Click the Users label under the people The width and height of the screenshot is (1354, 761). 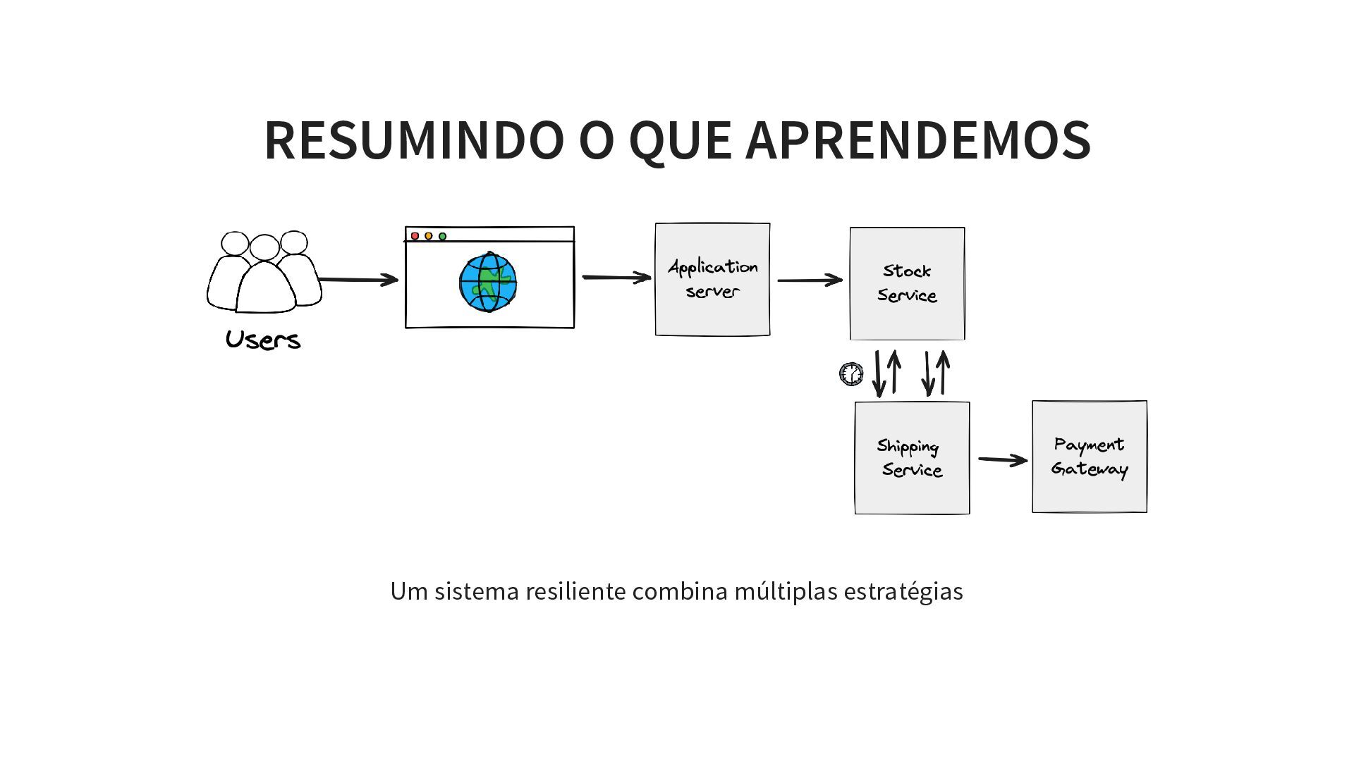[263, 340]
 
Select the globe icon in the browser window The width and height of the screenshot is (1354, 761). [488, 282]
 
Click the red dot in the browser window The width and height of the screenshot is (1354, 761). [415, 236]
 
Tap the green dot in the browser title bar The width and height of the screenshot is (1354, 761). [442, 236]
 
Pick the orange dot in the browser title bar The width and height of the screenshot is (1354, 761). [428, 236]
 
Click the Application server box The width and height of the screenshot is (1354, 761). [712, 280]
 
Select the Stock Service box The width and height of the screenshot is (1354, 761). [907, 283]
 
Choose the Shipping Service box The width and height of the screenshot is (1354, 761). [912, 458]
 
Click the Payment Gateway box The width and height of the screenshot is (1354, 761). [1090, 457]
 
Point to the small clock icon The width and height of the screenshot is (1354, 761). [851, 374]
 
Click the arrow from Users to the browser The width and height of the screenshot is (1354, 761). [358, 280]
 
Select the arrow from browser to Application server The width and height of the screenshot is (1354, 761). [616, 278]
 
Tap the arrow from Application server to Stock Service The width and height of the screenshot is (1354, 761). [810, 280]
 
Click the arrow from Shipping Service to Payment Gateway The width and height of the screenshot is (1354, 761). [1002, 460]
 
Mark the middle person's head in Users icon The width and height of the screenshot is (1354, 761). [264, 247]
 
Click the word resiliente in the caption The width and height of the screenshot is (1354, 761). [575, 591]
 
